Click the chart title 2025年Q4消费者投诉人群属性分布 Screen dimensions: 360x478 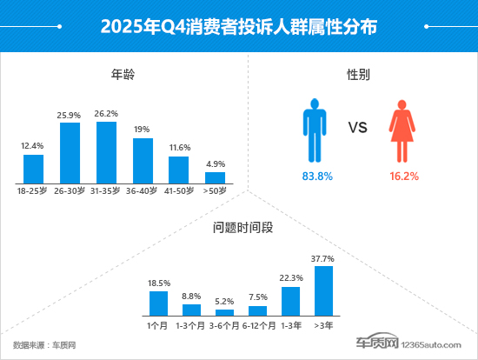click(x=238, y=26)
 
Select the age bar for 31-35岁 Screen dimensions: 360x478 click(x=106, y=152)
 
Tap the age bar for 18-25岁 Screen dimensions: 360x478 click(x=33, y=169)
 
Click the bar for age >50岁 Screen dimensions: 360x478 click(x=215, y=177)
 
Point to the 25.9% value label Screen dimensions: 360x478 click(x=70, y=115)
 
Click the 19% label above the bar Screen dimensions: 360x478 click(x=143, y=130)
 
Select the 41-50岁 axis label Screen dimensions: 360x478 click(x=178, y=189)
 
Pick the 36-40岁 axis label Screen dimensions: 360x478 click(x=143, y=189)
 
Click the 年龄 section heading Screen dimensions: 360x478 click(x=123, y=75)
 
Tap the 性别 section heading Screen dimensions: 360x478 click(x=357, y=75)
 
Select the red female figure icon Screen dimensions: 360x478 click(x=401, y=129)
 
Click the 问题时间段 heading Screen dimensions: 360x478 click(x=239, y=229)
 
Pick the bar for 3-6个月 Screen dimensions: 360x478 click(x=224, y=311)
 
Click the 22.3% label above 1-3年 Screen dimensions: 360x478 click(x=290, y=278)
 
